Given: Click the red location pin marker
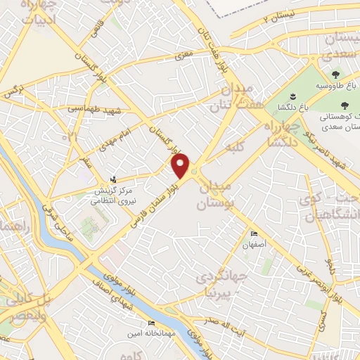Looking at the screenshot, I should pyautogui.click(x=182, y=165).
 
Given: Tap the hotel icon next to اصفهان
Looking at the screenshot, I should pyautogui.click(x=254, y=233).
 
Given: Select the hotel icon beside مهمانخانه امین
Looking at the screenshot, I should pyautogui.click(x=151, y=323).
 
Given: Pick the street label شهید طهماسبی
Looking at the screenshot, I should pyautogui.click(x=95, y=110).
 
